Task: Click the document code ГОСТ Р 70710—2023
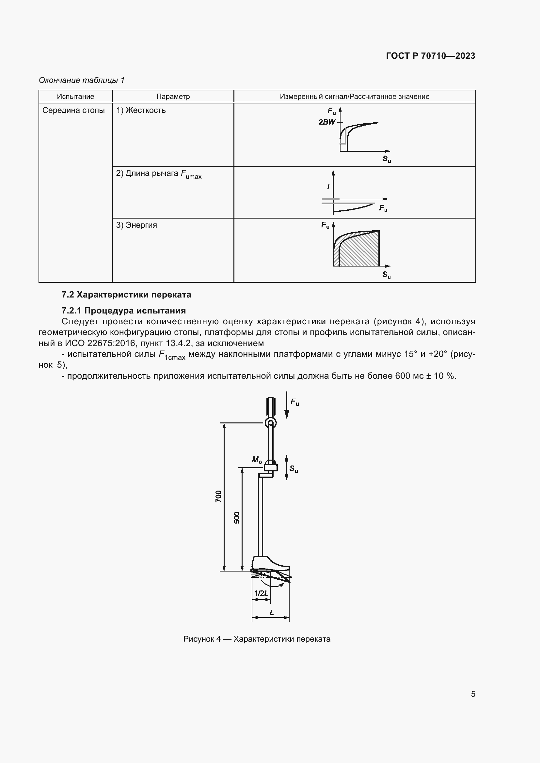point(430,56)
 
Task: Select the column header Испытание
point(75,96)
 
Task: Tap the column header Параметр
point(173,96)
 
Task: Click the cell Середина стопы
point(73,110)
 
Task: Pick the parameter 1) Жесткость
point(141,110)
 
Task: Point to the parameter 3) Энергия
point(136,225)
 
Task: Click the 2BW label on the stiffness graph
point(327,122)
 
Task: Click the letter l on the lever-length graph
point(328,187)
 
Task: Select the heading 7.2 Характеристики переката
point(126,295)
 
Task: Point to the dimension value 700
point(218,496)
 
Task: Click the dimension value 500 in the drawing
point(236,518)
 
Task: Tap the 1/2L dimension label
point(261,593)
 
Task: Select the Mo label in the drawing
point(257,460)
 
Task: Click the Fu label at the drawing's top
point(294,402)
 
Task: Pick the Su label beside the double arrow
point(294,468)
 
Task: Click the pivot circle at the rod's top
point(270,423)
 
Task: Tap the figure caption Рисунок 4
point(257,639)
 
